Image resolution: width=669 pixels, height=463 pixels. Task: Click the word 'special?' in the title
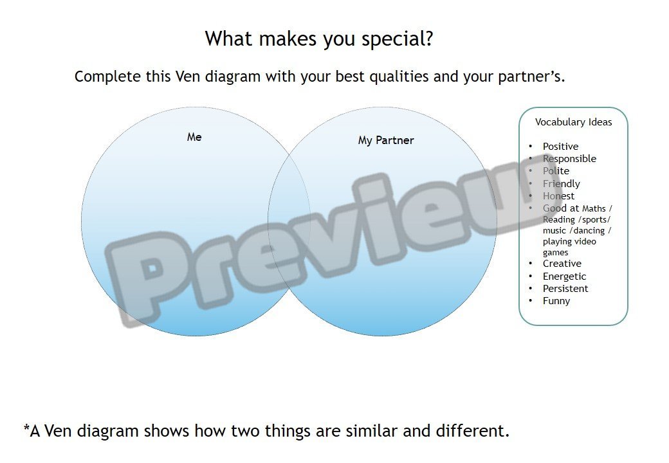pos(398,39)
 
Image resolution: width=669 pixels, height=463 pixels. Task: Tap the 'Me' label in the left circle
pos(194,137)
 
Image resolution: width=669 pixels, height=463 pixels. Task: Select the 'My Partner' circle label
pos(386,140)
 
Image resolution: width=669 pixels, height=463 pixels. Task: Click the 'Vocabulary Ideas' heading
pos(573,122)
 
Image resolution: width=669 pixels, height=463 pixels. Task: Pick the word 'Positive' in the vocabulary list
pos(561,146)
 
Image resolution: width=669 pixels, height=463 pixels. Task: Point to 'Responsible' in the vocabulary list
pos(569,159)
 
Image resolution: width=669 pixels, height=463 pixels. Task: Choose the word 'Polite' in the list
pos(556,170)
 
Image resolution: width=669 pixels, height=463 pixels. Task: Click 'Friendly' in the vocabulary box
pos(562,184)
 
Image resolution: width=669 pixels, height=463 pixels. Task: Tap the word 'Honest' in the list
pos(558,196)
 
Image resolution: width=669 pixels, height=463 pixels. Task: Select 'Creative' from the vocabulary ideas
pos(562,264)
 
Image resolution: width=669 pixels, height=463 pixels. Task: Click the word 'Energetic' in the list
pos(565,277)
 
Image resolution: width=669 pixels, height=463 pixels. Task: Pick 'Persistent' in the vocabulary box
pos(565,289)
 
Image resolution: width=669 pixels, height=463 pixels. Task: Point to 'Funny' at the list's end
pos(556,301)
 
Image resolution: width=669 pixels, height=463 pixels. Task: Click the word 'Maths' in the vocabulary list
pos(594,208)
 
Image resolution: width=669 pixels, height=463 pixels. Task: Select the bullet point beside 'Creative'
pos(530,264)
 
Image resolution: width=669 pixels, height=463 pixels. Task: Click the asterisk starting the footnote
pos(26,427)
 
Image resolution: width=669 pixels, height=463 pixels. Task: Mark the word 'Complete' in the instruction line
pos(107,77)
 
